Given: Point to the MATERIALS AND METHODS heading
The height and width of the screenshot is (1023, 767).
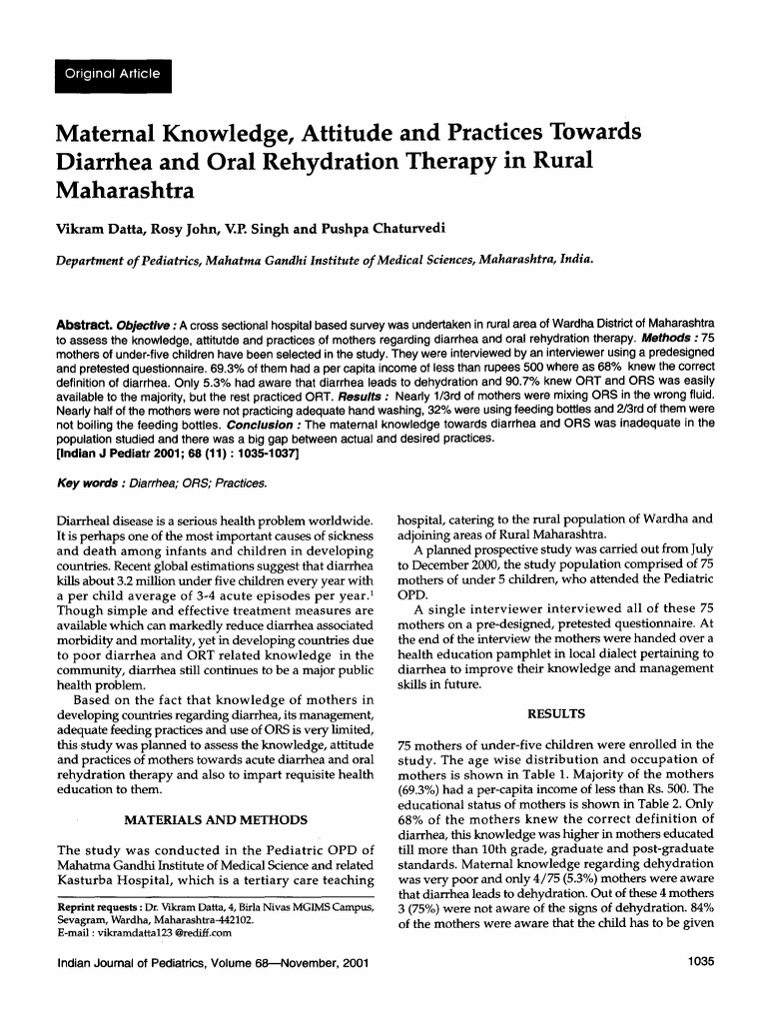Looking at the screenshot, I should tap(214, 820).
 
